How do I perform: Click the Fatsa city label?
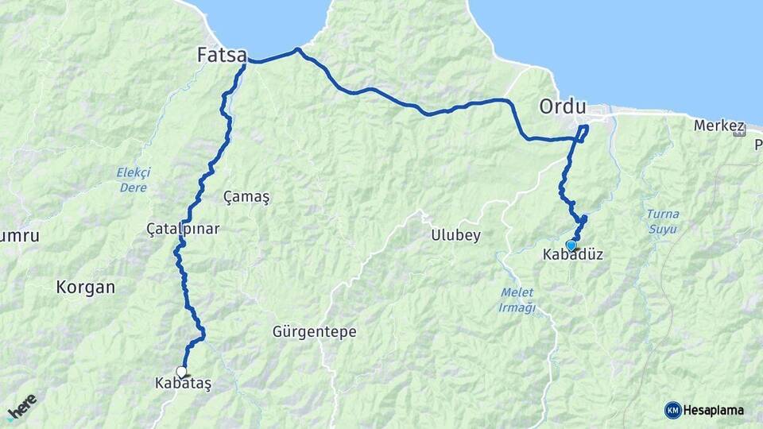pyautogui.click(x=222, y=55)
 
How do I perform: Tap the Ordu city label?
pyautogui.click(x=562, y=106)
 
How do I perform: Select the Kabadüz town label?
pyautogui.click(x=572, y=255)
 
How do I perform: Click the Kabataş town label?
pyautogui.click(x=184, y=383)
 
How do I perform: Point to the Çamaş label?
pyautogui.click(x=246, y=197)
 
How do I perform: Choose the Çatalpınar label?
pyautogui.click(x=183, y=229)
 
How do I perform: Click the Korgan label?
pyautogui.click(x=86, y=287)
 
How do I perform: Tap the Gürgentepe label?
pyautogui.click(x=314, y=331)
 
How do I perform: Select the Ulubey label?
pyautogui.click(x=455, y=235)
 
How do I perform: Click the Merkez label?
pyautogui.click(x=718, y=126)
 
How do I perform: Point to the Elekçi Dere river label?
pyautogui.click(x=133, y=180)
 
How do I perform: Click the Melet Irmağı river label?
pyautogui.click(x=517, y=300)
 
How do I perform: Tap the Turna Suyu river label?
pyautogui.click(x=661, y=222)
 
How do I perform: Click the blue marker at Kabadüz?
pyautogui.click(x=571, y=245)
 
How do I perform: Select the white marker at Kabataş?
pyautogui.click(x=181, y=371)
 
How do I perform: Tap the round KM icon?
pyautogui.click(x=672, y=410)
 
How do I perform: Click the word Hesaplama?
pyautogui.click(x=714, y=410)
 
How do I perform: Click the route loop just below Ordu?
pyautogui.click(x=584, y=132)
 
